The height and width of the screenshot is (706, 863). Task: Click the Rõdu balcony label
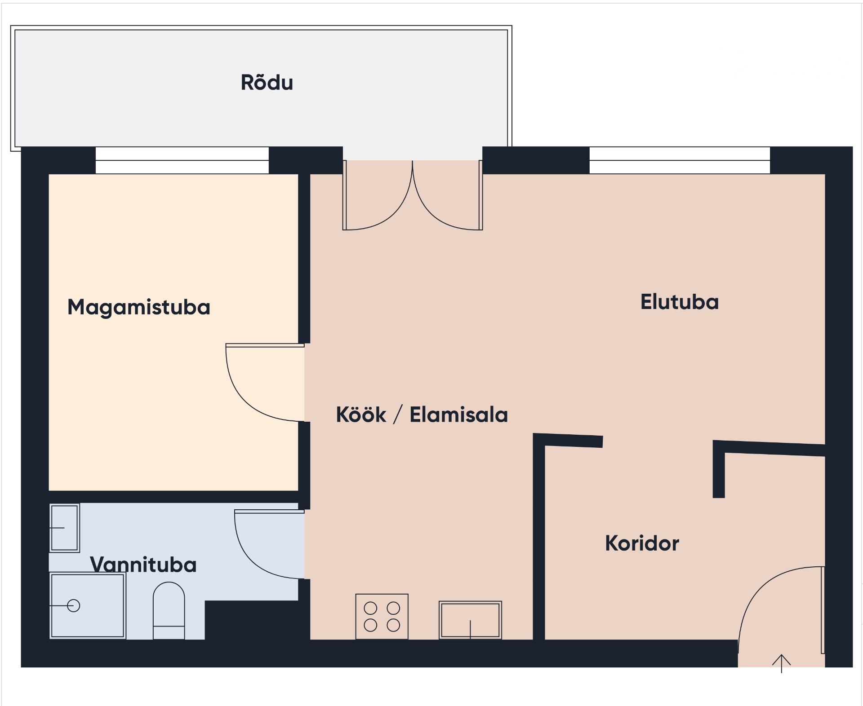[267, 82]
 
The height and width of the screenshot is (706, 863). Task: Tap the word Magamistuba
[139, 308]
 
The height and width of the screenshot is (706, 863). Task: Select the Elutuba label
[680, 302]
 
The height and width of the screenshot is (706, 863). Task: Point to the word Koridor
[642, 543]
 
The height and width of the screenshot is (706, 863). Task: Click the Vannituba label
[143, 565]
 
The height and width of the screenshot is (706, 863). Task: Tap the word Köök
[361, 414]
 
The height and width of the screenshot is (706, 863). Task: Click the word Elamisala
[458, 414]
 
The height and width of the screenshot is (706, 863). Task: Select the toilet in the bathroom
[169, 610]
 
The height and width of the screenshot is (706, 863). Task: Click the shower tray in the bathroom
[88, 606]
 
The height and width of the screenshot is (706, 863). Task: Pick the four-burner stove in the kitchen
[382, 617]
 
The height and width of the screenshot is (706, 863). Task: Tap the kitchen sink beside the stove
[470, 620]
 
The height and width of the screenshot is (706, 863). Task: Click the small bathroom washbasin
[64, 528]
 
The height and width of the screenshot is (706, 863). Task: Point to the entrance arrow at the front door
[782, 663]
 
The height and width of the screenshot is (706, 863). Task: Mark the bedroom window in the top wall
[182, 160]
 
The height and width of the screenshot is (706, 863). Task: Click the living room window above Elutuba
[680, 160]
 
